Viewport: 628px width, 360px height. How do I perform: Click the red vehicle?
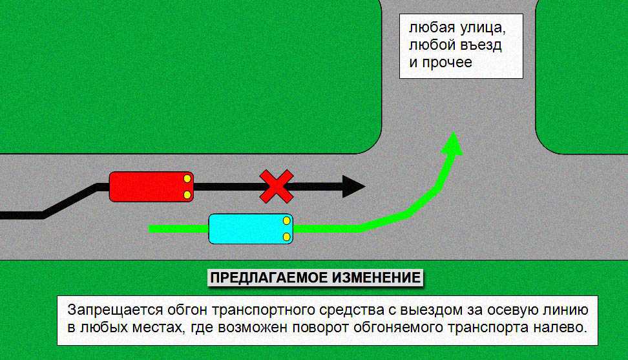[151, 187]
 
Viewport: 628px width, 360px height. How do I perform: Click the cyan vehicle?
[251, 229]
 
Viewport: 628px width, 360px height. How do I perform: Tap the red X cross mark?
[277, 186]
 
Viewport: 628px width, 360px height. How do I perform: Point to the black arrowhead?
[353, 186]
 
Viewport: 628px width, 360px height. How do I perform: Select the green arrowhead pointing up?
[452, 144]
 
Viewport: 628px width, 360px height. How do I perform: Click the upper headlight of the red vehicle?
[187, 178]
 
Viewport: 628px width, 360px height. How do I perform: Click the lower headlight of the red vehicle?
[187, 195]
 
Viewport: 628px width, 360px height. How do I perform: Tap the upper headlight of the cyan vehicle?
[286, 220]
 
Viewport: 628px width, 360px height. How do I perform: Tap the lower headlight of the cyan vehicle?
[286, 237]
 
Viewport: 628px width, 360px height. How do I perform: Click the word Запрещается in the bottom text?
[115, 310]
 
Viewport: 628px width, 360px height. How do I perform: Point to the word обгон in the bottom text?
[187, 311]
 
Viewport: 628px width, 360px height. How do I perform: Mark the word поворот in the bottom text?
[320, 328]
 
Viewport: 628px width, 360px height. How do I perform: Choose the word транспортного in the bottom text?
[263, 311]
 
